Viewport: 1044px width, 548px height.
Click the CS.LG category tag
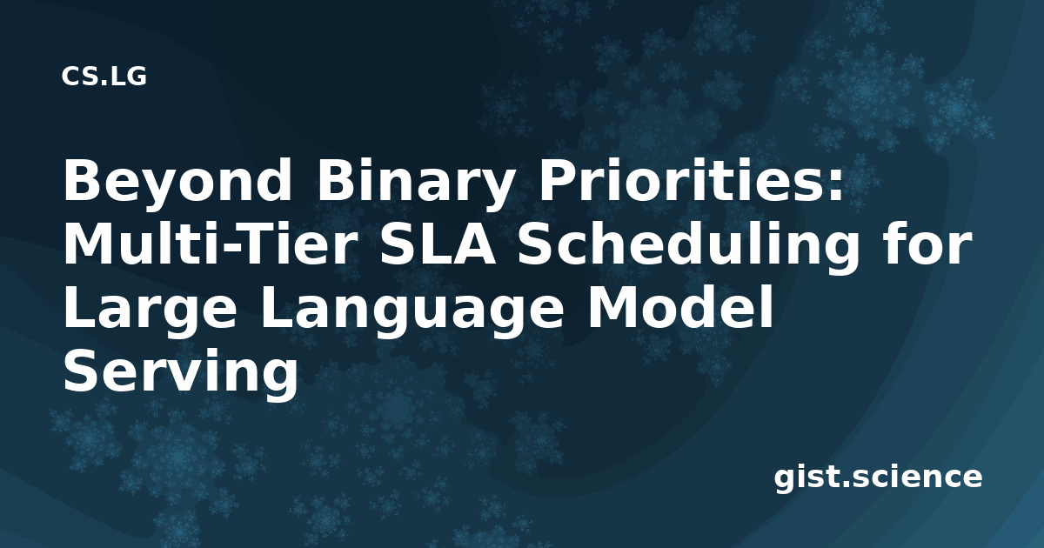pyautogui.click(x=104, y=77)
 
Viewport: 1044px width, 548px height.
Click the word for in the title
pyautogui.click(x=927, y=243)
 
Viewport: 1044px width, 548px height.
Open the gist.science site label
pyautogui.click(x=878, y=478)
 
